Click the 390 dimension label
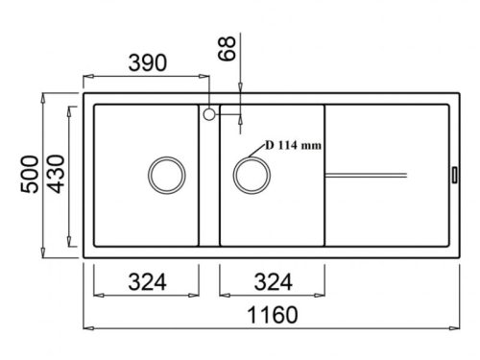148,62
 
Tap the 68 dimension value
227,48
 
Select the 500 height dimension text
30,174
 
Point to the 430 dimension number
57,174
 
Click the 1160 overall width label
273,315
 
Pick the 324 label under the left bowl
147,282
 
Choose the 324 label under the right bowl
273,282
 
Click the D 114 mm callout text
293,146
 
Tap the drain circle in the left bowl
167,156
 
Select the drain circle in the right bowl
252,156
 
